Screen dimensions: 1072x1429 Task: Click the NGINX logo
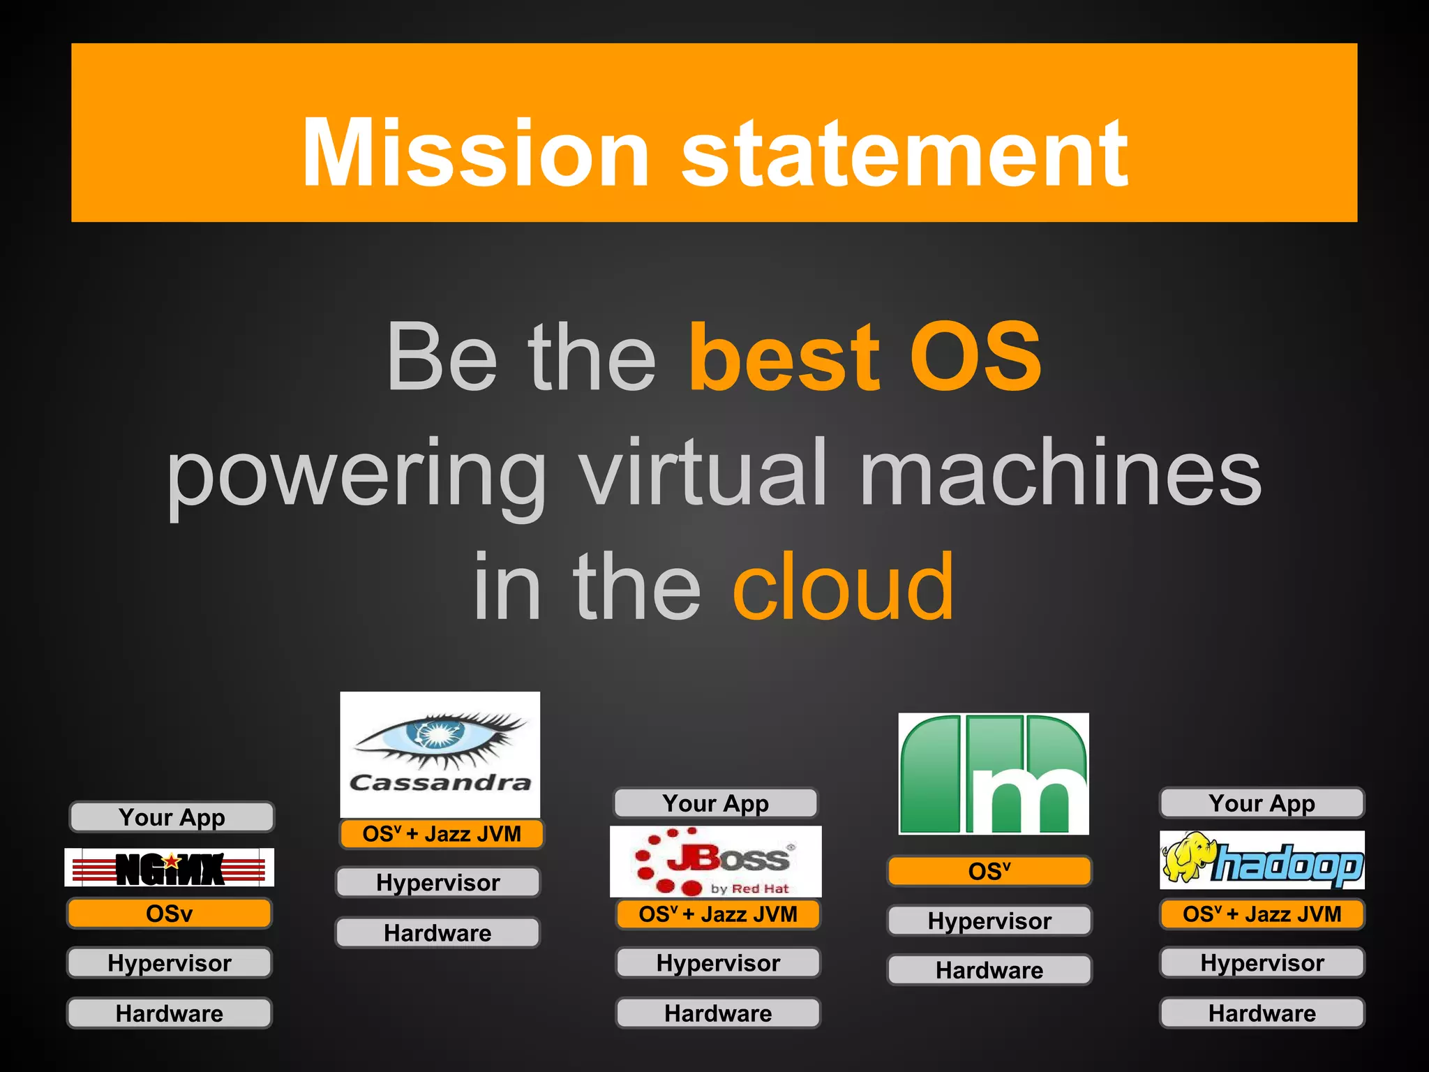click(170, 868)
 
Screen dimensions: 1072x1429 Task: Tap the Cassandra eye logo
click(440, 754)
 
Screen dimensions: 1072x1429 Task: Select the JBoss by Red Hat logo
click(716, 861)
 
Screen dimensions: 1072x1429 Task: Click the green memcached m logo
click(994, 774)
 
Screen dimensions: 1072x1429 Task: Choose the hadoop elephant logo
click(1262, 861)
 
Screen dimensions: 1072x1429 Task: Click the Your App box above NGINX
click(172, 817)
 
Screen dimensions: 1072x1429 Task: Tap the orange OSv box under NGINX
click(170, 914)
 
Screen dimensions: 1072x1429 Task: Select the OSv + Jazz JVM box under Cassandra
click(441, 834)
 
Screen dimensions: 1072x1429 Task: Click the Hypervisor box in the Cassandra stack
click(438, 883)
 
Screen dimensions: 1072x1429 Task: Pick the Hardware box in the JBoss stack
click(718, 1013)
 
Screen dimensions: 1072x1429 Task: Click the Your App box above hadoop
click(1262, 803)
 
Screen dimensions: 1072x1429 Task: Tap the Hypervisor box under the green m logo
click(989, 921)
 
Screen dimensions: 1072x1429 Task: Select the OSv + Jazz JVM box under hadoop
click(1262, 914)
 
